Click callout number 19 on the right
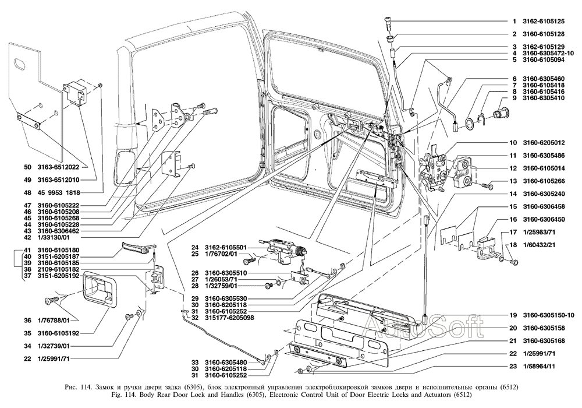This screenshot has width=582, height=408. (514, 315)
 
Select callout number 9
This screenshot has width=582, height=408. (514, 98)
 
